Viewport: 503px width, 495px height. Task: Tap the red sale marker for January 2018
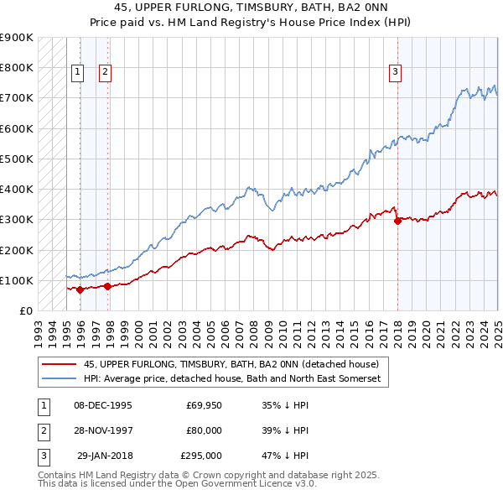[397, 221]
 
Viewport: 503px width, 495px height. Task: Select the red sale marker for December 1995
[80, 289]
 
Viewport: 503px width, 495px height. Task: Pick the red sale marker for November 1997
[108, 286]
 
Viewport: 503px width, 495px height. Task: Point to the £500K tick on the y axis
[18, 159]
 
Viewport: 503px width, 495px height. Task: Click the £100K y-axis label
[18, 280]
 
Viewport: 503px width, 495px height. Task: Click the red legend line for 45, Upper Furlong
[59, 364]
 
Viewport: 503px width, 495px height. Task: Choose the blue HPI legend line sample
[59, 379]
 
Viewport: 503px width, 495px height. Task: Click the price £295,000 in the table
[201, 456]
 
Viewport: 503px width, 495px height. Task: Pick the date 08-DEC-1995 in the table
[103, 404]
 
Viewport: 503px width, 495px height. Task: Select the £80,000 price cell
[204, 430]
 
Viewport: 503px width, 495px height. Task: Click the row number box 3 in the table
[42, 456]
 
